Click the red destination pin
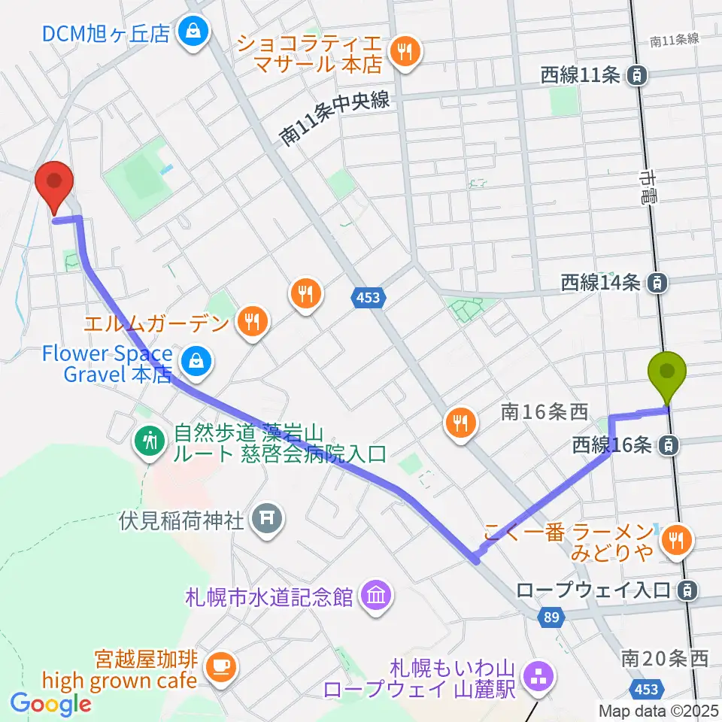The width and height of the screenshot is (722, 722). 55,183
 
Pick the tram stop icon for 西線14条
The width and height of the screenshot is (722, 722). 657,283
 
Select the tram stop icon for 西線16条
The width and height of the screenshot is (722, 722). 667,445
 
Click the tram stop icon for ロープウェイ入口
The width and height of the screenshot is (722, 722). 685,590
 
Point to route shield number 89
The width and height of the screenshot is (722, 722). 551,617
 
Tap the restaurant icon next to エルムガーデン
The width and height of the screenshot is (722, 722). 250,323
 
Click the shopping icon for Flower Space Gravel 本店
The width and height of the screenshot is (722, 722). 196,363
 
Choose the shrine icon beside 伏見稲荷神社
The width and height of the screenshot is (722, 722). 264,518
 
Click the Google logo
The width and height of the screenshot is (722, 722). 51,704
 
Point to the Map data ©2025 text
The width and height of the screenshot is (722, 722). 659,711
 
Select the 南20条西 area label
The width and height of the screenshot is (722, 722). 665,659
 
